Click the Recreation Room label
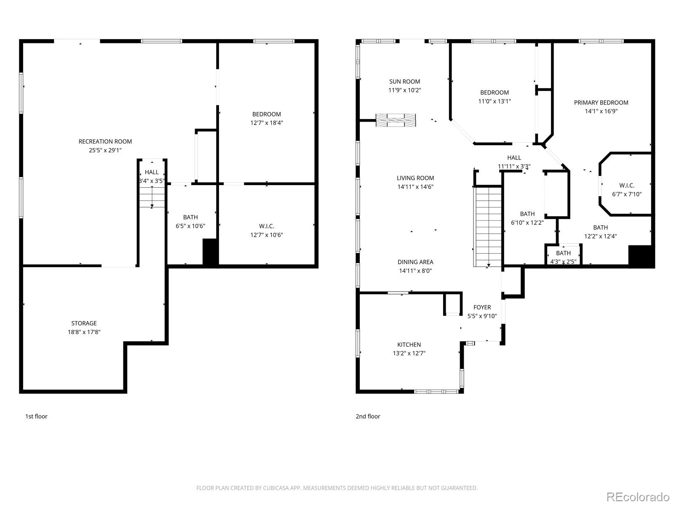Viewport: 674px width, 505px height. point(105,141)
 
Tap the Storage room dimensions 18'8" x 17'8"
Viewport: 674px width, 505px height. point(84,332)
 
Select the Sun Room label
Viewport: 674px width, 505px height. point(404,82)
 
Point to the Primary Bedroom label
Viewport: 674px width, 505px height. point(601,103)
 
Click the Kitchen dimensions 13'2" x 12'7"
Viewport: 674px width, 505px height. point(409,353)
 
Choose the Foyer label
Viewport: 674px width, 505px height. point(482,307)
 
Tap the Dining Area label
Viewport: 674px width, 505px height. point(415,262)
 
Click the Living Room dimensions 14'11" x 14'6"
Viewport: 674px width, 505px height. point(415,186)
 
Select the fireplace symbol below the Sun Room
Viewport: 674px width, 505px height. point(396,120)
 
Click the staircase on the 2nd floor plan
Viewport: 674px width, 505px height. point(488,227)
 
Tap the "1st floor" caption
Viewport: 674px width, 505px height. point(36,416)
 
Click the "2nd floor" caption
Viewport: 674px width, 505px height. point(368,416)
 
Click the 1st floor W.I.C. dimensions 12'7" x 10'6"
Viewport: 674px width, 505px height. point(267,235)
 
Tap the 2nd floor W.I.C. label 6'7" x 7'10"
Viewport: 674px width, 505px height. point(627,190)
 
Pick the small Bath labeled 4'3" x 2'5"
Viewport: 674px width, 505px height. point(564,257)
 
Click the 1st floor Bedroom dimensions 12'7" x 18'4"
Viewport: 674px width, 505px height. point(267,122)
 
